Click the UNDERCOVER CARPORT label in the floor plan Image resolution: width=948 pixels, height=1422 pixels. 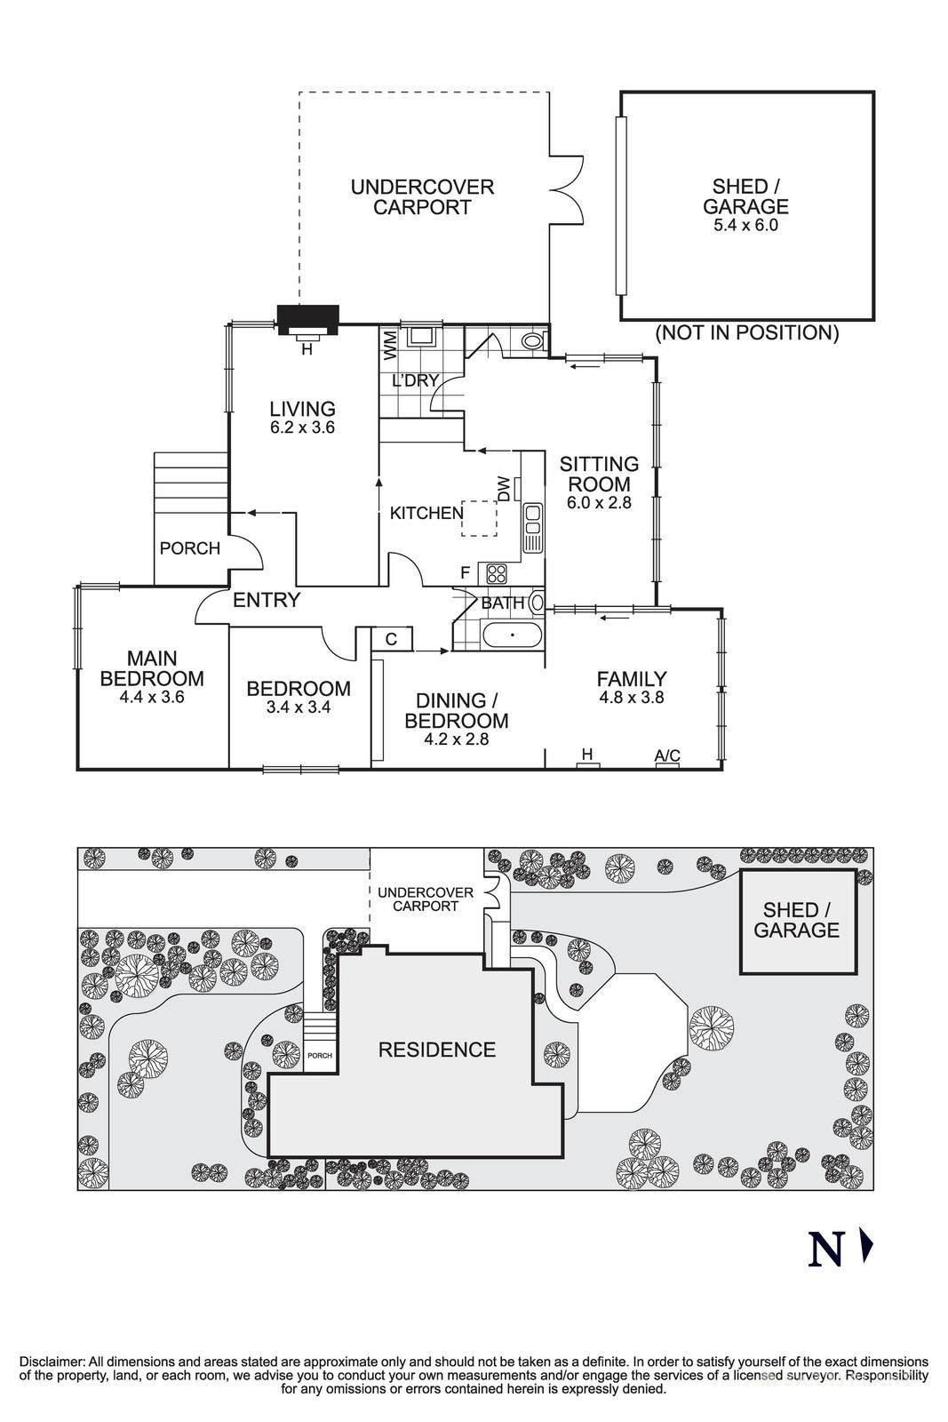(422, 197)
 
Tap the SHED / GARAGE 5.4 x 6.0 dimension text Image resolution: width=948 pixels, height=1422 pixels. (745, 226)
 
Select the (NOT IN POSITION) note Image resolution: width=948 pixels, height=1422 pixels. (746, 333)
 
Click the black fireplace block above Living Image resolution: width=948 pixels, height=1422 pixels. (307, 319)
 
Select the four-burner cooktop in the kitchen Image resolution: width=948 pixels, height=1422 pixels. (495, 572)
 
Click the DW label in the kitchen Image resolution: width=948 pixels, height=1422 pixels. (504, 488)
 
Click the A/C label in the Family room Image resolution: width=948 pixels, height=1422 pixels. (666, 755)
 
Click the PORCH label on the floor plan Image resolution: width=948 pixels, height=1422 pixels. (189, 548)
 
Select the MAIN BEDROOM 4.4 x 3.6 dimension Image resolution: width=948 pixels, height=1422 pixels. (151, 697)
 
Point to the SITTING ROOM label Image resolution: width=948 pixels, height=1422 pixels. (599, 474)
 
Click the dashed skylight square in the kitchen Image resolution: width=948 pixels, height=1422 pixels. (479, 518)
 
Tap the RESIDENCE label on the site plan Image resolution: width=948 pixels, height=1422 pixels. (436, 1050)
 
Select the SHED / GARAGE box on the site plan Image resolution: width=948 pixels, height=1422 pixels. (797, 921)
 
